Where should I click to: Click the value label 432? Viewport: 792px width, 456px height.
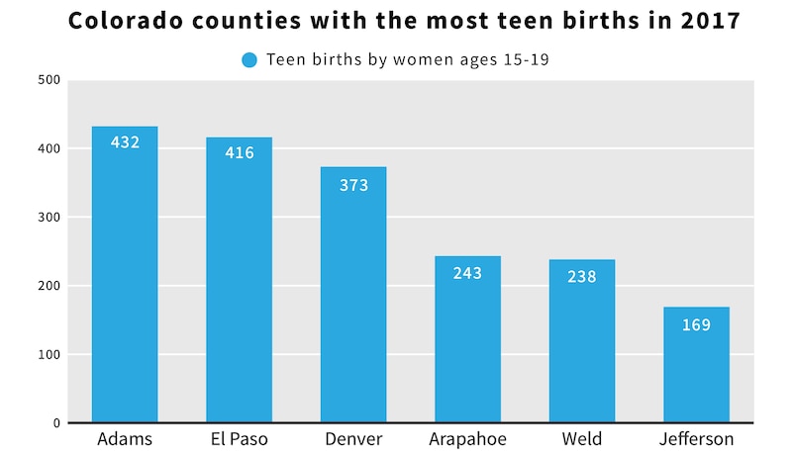click(x=125, y=142)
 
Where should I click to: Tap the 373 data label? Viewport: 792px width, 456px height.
click(x=353, y=184)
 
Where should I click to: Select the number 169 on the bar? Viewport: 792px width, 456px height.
click(x=696, y=324)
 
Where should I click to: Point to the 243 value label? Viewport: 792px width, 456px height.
click(x=467, y=272)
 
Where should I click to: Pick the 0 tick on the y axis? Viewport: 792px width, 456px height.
click(x=56, y=423)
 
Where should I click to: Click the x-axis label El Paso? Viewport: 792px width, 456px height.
click(x=239, y=439)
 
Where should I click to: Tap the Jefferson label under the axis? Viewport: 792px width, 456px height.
click(x=696, y=439)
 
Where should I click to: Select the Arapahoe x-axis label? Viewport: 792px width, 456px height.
click(x=467, y=439)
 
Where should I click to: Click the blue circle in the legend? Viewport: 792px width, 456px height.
click(x=249, y=60)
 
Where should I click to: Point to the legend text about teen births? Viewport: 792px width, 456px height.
click(x=408, y=60)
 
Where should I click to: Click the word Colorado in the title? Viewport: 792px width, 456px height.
click(x=117, y=22)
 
